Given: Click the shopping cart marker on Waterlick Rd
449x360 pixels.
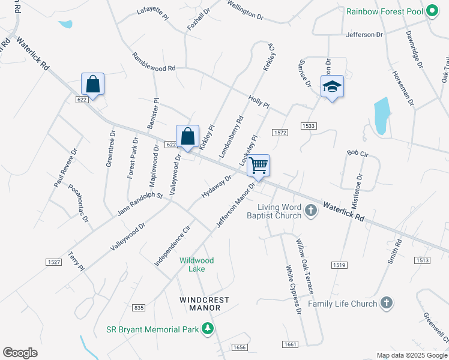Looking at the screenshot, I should (259, 166).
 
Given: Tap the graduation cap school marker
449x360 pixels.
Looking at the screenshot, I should (331, 87).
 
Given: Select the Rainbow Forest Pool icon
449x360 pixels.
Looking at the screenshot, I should (432, 11).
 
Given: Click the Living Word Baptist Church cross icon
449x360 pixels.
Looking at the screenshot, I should (310, 211).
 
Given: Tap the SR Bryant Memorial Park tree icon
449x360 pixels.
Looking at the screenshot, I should (207, 329).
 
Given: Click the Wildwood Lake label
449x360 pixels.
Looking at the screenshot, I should (196, 265).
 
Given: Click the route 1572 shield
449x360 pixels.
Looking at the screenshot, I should (279, 132).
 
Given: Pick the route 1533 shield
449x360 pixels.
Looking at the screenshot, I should (309, 125).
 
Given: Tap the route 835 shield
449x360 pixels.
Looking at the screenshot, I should (139, 308).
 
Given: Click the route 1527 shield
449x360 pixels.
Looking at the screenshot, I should (53, 262).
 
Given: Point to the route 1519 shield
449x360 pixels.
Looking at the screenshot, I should (339, 265).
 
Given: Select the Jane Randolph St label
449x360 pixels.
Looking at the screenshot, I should (140, 203).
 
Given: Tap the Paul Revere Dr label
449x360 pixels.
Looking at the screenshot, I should (65, 168).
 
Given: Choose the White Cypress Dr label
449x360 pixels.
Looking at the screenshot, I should (293, 290).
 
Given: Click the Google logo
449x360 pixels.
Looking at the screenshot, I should (20, 352).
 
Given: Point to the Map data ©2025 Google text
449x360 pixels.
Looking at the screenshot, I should (411, 355).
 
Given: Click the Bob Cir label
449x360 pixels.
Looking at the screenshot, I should (357, 154).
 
